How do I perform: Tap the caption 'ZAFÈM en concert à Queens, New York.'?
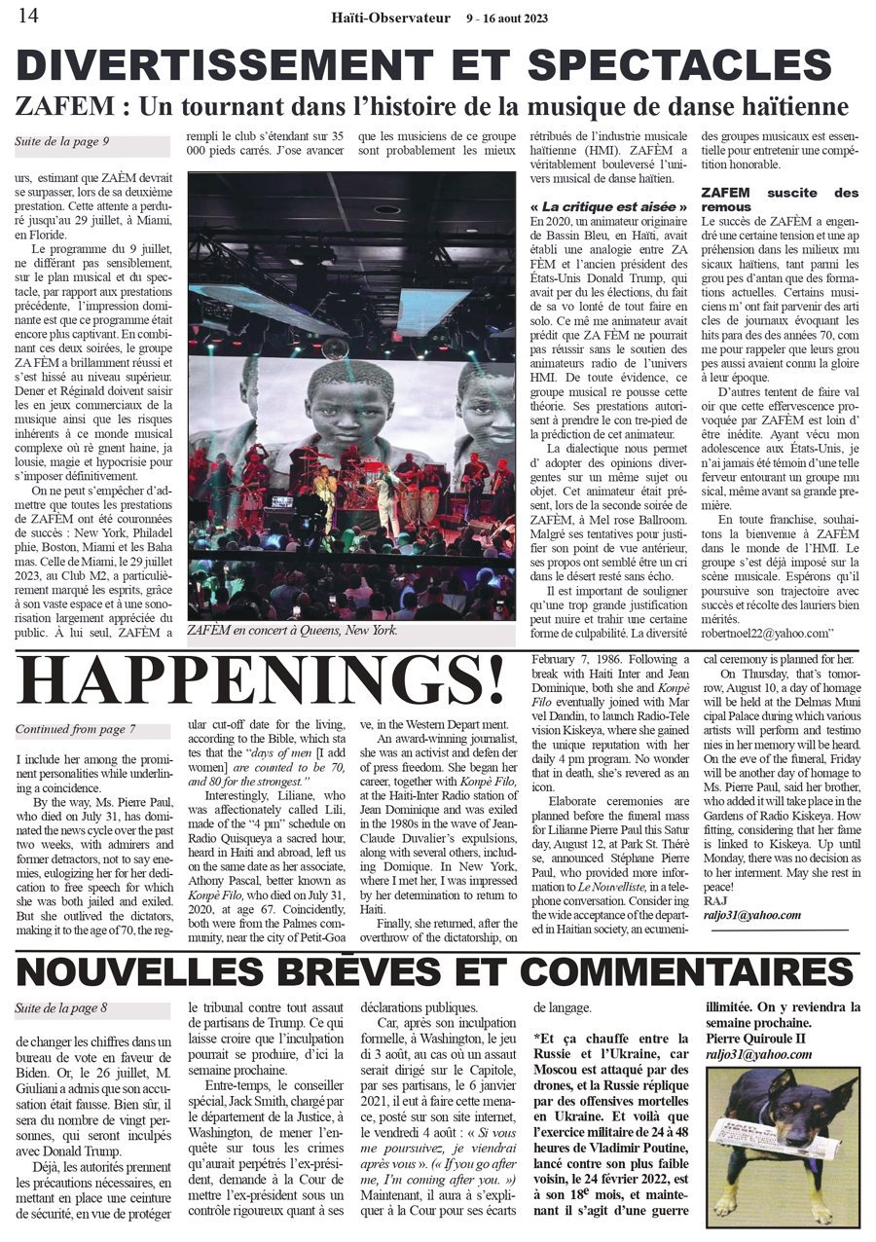(x=293, y=630)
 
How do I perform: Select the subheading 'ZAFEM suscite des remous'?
(x=780, y=200)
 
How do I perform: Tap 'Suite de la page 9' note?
(x=61, y=142)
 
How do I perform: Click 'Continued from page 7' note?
(x=75, y=729)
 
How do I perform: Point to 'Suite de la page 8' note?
(x=61, y=1008)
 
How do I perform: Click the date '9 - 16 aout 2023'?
(x=506, y=18)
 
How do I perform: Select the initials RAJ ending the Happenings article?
(x=714, y=901)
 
